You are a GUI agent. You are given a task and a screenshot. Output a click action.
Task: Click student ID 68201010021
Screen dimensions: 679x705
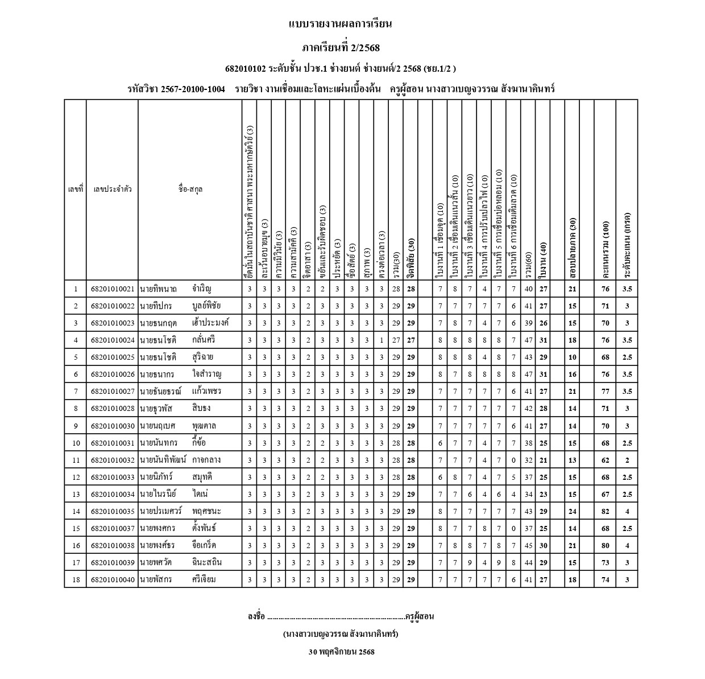[x=112, y=289]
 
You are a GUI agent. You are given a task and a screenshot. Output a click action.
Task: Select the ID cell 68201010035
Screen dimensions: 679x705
[x=112, y=511]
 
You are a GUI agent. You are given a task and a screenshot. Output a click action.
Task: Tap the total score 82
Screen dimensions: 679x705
[x=606, y=511]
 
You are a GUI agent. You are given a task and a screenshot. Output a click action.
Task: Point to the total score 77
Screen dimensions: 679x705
[x=606, y=392]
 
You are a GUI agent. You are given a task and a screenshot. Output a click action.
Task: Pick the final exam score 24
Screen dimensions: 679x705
[x=573, y=511]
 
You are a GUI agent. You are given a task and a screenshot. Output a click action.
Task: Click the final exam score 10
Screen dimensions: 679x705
[x=573, y=357]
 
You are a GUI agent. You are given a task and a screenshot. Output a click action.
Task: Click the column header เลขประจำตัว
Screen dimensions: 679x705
[x=112, y=190]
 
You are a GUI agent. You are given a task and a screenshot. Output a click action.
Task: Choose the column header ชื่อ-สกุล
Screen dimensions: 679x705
[x=190, y=190]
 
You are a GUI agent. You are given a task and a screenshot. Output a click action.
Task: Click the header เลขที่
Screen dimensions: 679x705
[x=76, y=190]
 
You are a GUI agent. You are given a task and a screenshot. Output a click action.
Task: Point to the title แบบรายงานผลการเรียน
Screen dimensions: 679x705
[x=341, y=24]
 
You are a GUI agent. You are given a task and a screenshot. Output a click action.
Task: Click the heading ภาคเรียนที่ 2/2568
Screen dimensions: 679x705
[x=341, y=47]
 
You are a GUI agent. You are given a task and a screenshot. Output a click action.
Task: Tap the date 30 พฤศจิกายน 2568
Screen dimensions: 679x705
[x=341, y=652]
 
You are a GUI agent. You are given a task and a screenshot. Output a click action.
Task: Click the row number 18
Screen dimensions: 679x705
[x=76, y=579]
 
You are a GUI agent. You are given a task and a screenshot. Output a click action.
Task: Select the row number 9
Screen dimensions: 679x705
[x=76, y=426]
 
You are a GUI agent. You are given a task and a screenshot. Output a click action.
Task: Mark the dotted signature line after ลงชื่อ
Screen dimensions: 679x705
[x=335, y=617]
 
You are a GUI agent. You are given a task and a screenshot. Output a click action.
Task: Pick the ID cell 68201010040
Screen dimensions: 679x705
[x=112, y=579]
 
